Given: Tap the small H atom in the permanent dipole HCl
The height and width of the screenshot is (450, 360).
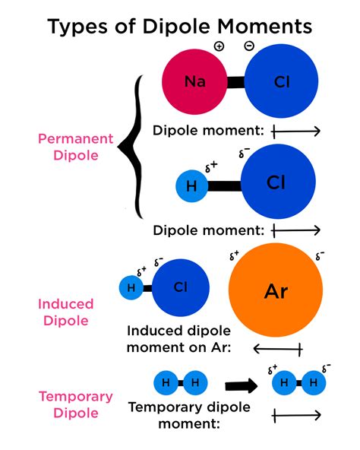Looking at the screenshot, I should pos(191,185).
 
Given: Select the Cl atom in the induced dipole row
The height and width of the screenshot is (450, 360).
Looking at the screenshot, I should pos(180,287).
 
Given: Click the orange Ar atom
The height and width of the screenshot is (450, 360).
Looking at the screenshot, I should pos(275,290).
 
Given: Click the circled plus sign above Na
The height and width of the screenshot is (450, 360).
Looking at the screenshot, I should pos(219,46).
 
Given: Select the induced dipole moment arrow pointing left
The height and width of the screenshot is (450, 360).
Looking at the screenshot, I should pos(277,349).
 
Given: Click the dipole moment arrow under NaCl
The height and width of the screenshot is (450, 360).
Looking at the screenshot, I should pos(295,131).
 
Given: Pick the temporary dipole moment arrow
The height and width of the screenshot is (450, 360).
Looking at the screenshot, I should pos(295,416).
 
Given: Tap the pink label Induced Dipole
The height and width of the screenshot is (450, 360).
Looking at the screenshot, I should pos(66,312).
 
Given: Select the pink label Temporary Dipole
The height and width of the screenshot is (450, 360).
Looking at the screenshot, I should pos(76,405).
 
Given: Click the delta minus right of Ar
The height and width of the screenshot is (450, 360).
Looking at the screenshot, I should pos(321,254).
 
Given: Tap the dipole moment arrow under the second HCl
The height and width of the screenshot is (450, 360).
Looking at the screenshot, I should pos(295,229).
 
